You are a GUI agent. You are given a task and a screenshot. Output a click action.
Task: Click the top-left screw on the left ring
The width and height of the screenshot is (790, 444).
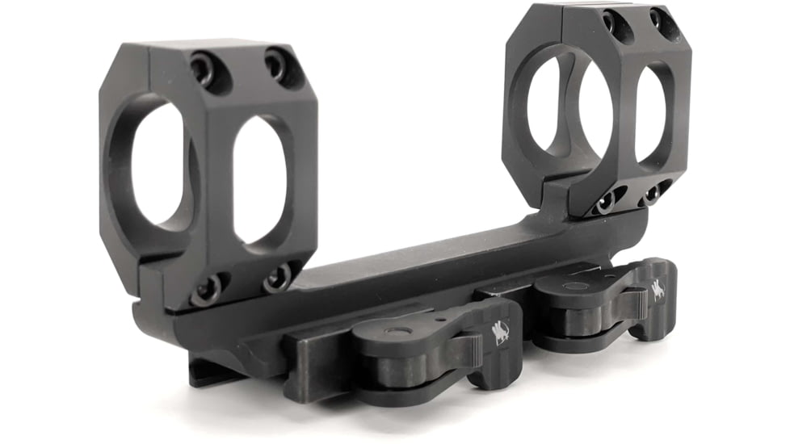(203, 69)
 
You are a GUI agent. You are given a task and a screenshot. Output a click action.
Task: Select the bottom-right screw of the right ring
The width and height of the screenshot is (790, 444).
(650, 195)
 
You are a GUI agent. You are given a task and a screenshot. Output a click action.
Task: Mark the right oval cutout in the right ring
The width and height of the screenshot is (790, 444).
(650, 112)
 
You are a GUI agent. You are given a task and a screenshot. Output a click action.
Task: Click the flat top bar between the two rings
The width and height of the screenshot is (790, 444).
(420, 258)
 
